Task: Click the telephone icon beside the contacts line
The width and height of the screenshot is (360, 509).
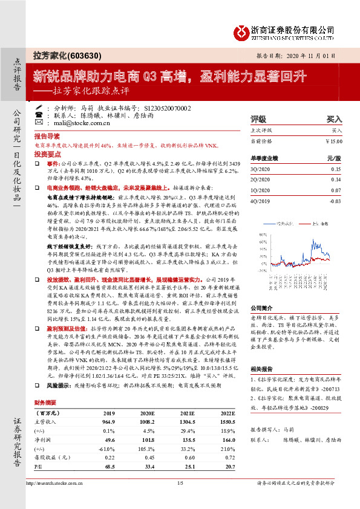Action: click(40, 114)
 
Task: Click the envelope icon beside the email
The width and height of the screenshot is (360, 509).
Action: click(40, 122)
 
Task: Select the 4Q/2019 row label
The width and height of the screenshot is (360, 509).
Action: click(261, 200)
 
